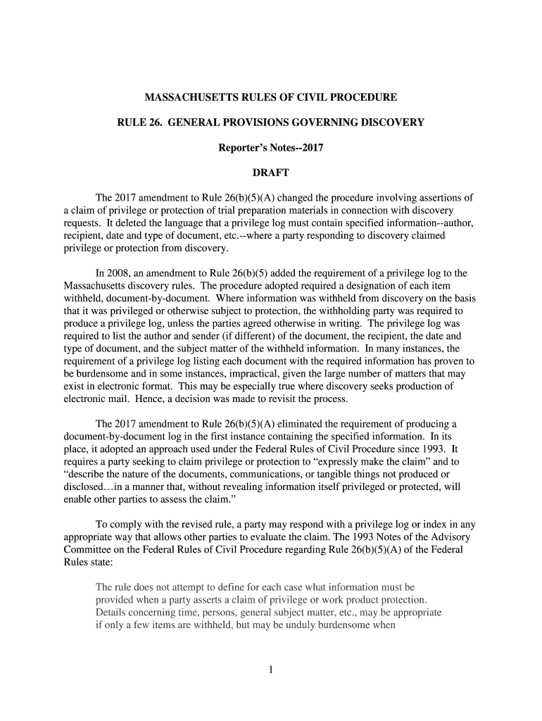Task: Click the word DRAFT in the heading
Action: pyautogui.click(x=270, y=173)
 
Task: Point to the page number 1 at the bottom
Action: pyautogui.click(x=270, y=670)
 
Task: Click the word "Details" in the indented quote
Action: pyautogui.click(x=112, y=612)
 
